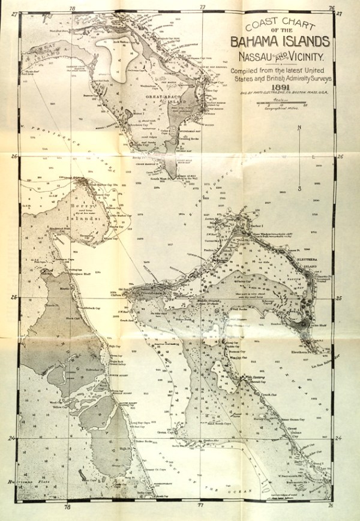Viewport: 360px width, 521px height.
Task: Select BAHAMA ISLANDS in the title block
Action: point(280,42)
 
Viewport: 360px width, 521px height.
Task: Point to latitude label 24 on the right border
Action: point(339,438)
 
